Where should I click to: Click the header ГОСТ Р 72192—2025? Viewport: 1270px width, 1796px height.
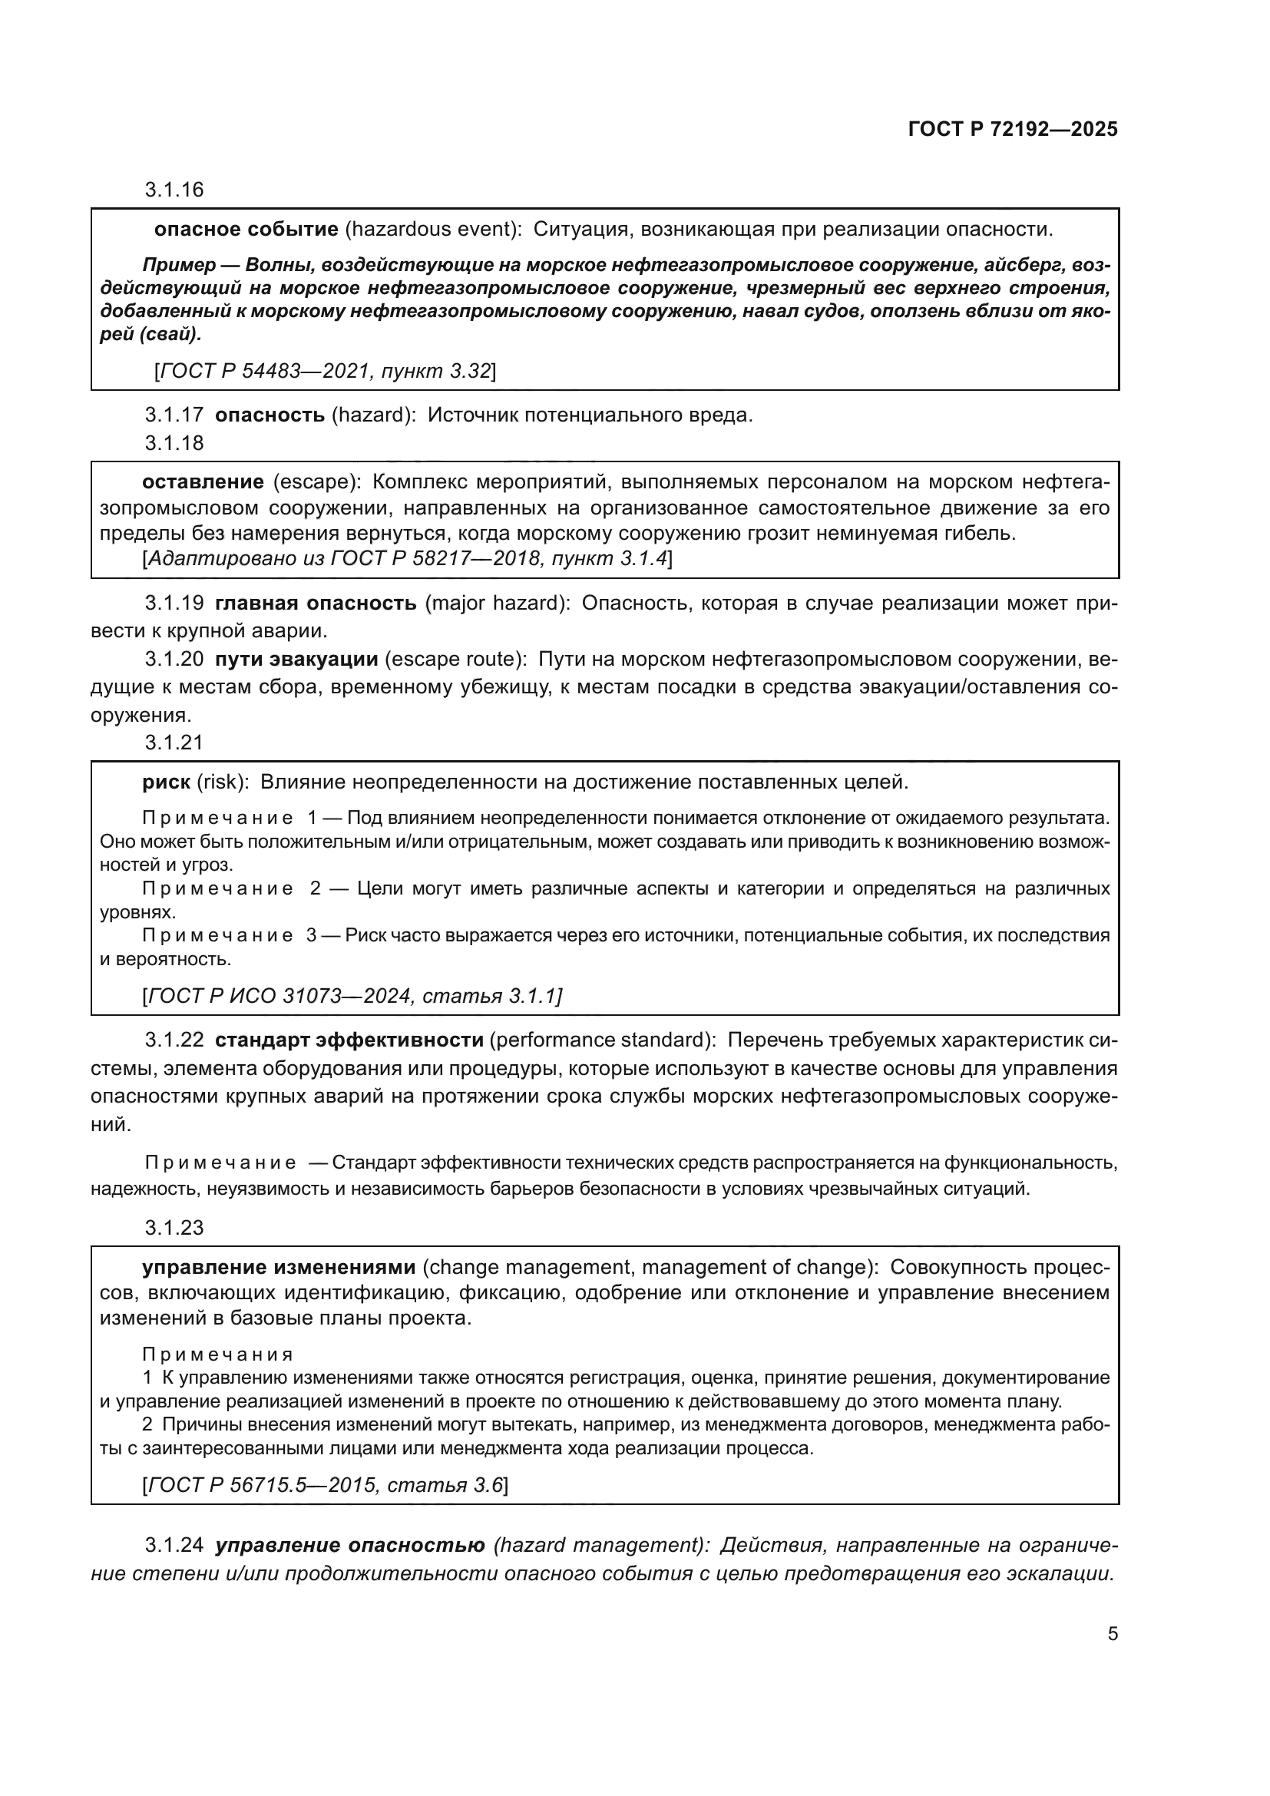point(1013,129)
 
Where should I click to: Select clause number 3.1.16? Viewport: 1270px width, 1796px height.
point(174,190)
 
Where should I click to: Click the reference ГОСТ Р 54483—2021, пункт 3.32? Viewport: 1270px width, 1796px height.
point(326,370)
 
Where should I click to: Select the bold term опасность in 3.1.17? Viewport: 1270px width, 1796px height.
point(269,415)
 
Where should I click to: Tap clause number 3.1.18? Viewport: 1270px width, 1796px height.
point(174,443)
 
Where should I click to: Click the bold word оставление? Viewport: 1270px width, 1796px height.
point(203,481)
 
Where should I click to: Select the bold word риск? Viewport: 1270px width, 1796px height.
point(166,782)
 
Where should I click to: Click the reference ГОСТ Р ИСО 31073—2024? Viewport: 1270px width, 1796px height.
point(352,996)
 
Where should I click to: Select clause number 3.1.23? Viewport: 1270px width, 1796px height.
point(174,1227)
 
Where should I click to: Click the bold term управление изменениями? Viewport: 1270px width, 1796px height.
point(279,1266)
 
